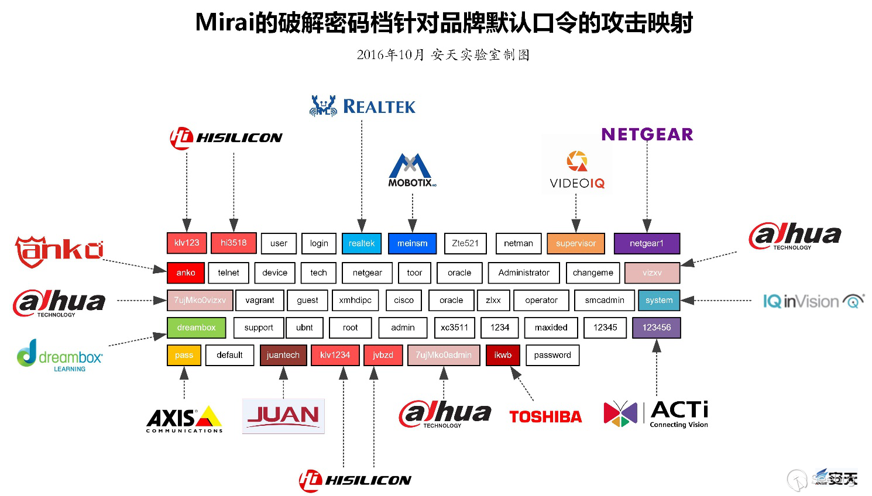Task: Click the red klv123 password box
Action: pyautogui.click(x=187, y=243)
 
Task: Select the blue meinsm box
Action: pyautogui.click(x=412, y=243)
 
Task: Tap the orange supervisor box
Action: pyautogui.click(x=576, y=243)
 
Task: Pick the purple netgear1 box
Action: pyautogui.click(x=647, y=243)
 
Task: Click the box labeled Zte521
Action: pyautogui.click(x=465, y=243)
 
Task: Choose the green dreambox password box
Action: pyautogui.click(x=196, y=328)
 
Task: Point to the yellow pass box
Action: pyautogui.click(x=184, y=355)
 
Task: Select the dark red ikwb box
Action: pyautogui.click(x=503, y=355)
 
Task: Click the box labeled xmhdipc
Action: pyautogui.click(x=355, y=300)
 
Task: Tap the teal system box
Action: pyautogui.click(x=659, y=300)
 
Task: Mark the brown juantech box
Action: pyautogui.click(x=283, y=355)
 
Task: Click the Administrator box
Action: pyautogui.click(x=524, y=273)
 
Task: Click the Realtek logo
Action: pyautogui.click(x=362, y=106)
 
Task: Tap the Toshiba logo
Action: pyautogui.click(x=545, y=416)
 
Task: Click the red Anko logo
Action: pyautogui.click(x=59, y=251)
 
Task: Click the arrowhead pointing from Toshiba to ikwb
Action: pyautogui.click(x=516, y=373)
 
